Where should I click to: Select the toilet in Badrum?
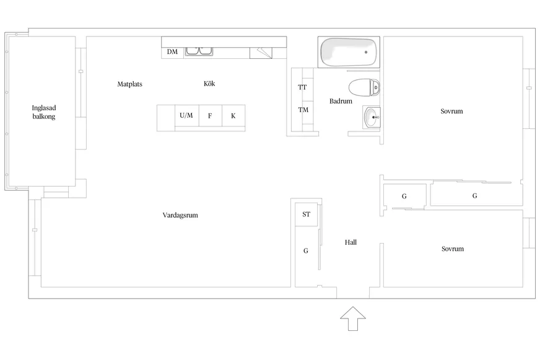364,87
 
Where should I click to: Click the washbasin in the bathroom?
372,116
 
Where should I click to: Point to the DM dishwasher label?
172,52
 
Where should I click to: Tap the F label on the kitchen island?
210,116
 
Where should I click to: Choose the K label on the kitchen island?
233,116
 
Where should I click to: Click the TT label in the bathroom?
302,87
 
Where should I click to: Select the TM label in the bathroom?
303,110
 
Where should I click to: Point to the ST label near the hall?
306,214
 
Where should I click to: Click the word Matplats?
130,84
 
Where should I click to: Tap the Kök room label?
209,84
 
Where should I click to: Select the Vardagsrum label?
180,215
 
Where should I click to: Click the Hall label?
351,242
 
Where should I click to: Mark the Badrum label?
341,101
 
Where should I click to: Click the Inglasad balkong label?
44,112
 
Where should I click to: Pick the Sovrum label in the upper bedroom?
452,112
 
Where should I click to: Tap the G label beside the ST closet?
306,251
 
